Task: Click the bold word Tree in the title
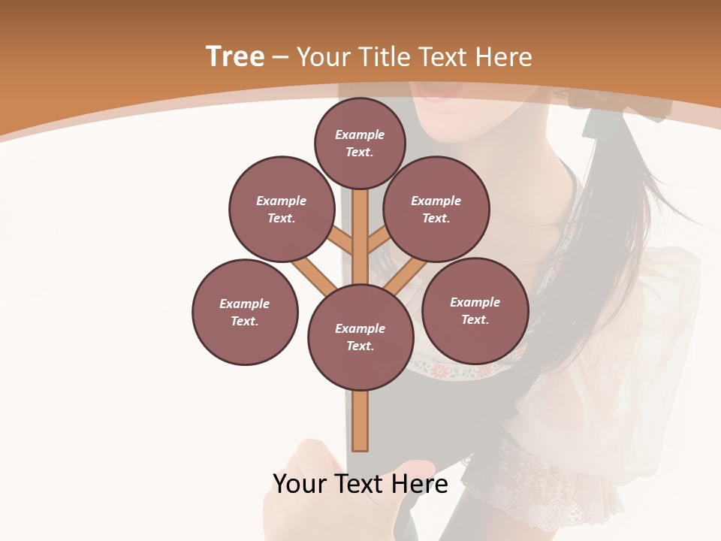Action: [235, 56]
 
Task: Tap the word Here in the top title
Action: [504, 57]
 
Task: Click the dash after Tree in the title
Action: [280, 58]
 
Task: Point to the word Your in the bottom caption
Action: [300, 484]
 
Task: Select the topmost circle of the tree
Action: [360, 143]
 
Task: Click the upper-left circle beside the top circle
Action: [282, 209]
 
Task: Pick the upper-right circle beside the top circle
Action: [436, 209]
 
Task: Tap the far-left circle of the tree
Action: [245, 312]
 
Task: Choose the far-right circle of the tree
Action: [475, 310]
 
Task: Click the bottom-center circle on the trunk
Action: [360, 337]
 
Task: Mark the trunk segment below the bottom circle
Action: [360, 421]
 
